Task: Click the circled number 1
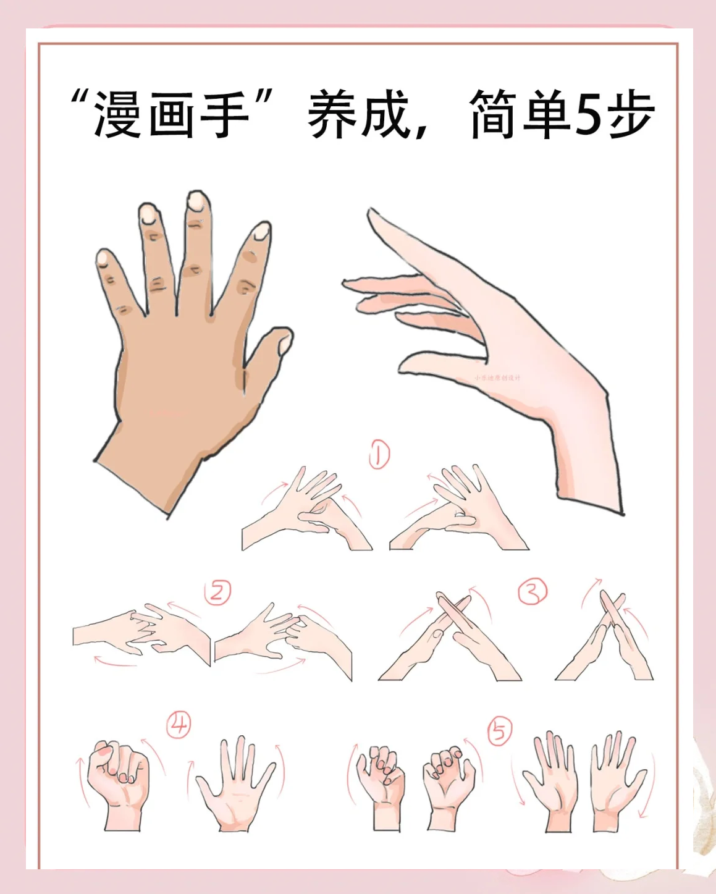[x=379, y=455]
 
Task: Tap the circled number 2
[x=217, y=592]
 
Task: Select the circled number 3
[x=533, y=591]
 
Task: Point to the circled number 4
[x=179, y=723]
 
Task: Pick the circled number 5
[x=500, y=731]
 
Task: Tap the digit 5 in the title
[x=587, y=116]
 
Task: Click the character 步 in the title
[x=631, y=115]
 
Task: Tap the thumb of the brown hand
[x=271, y=352]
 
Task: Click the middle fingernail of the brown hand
[x=197, y=201]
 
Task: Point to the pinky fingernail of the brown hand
[x=103, y=258]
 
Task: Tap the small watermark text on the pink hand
[x=497, y=377]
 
